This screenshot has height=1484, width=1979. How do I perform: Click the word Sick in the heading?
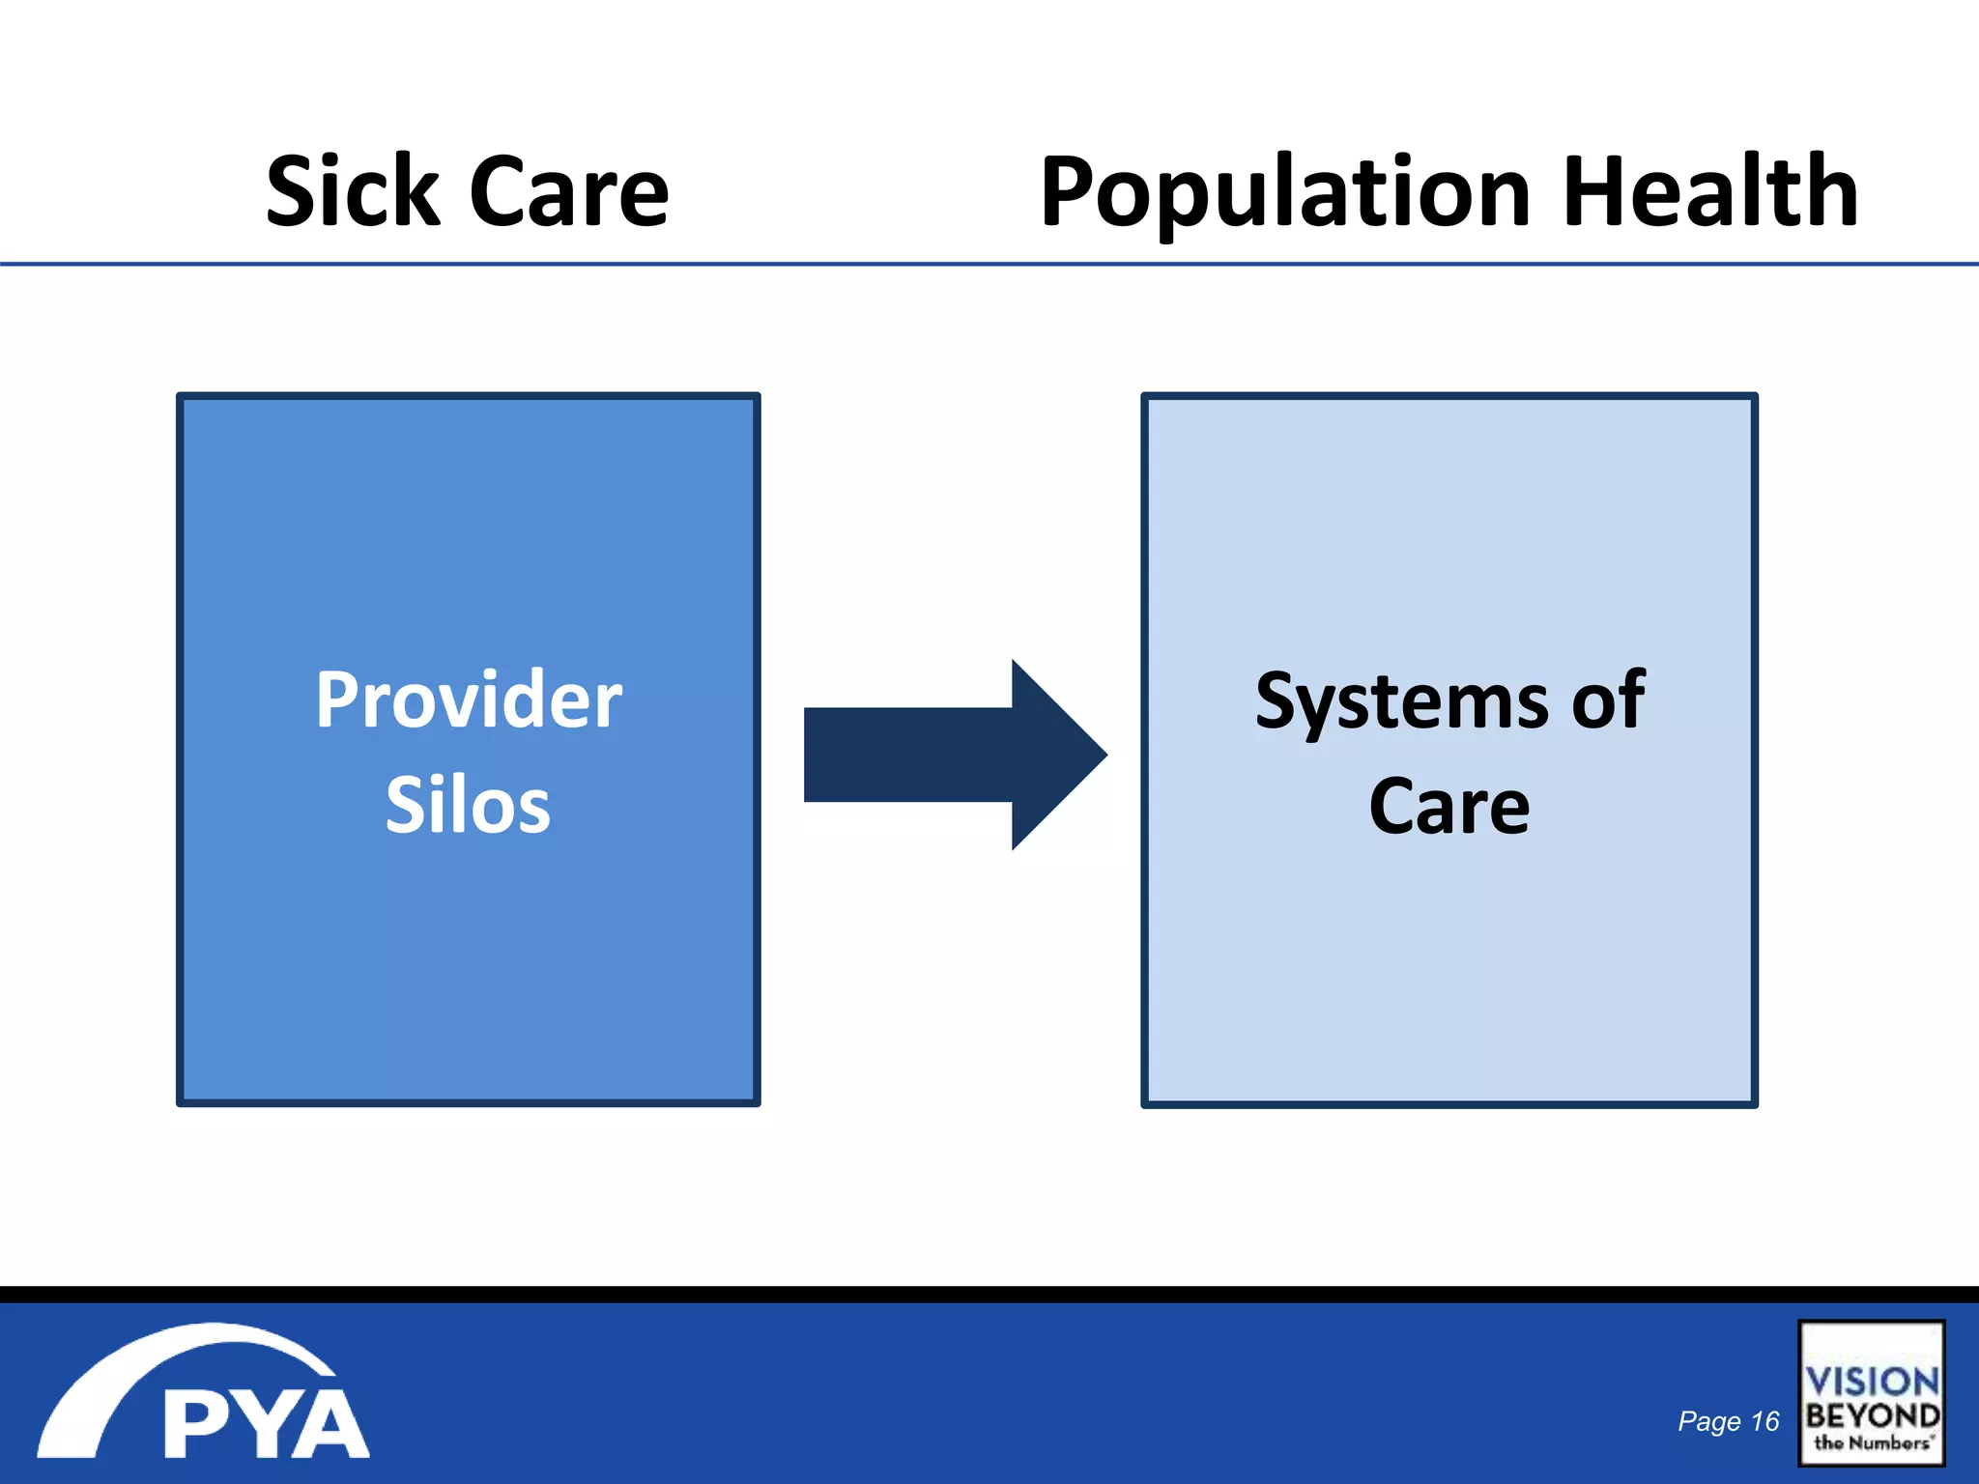pos(353,192)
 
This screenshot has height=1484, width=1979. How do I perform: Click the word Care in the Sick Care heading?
pos(569,192)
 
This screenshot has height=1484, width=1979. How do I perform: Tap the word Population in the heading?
pos(1286,192)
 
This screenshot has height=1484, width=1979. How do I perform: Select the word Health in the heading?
pos(1709,192)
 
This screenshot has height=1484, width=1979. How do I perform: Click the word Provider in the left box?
pos(469,699)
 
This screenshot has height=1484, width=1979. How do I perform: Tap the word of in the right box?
pos(1608,699)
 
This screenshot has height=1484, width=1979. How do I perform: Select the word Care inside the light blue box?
pos(1449,806)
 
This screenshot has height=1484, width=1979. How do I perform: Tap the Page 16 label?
pos(1728,1421)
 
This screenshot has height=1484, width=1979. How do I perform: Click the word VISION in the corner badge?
pos(1872,1382)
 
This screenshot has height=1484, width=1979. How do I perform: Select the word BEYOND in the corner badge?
pos(1872,1416)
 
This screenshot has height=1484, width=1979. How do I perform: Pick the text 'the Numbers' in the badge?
pos(1872,1442)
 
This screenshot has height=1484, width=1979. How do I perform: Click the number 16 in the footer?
pos(1764,1421)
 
